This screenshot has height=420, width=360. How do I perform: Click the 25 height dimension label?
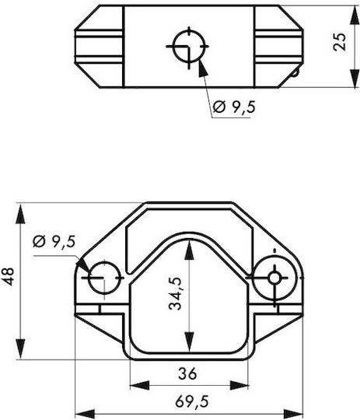click(x=340, y=42)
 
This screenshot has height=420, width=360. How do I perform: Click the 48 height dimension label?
click(x=9, y=276)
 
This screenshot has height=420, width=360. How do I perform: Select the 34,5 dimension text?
click(x=176, y=294)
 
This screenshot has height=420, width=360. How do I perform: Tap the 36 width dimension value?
click(x=187, y=373)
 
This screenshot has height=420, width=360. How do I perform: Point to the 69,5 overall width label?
click(x=192, y=402)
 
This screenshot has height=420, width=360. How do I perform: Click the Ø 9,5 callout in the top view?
click(x=234, y=107)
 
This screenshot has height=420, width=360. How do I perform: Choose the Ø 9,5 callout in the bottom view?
click(x=54, y=242)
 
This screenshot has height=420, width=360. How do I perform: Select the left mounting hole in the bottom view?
click(x=104, y=278)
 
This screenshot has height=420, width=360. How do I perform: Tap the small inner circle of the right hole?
click(x=274, y=278)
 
